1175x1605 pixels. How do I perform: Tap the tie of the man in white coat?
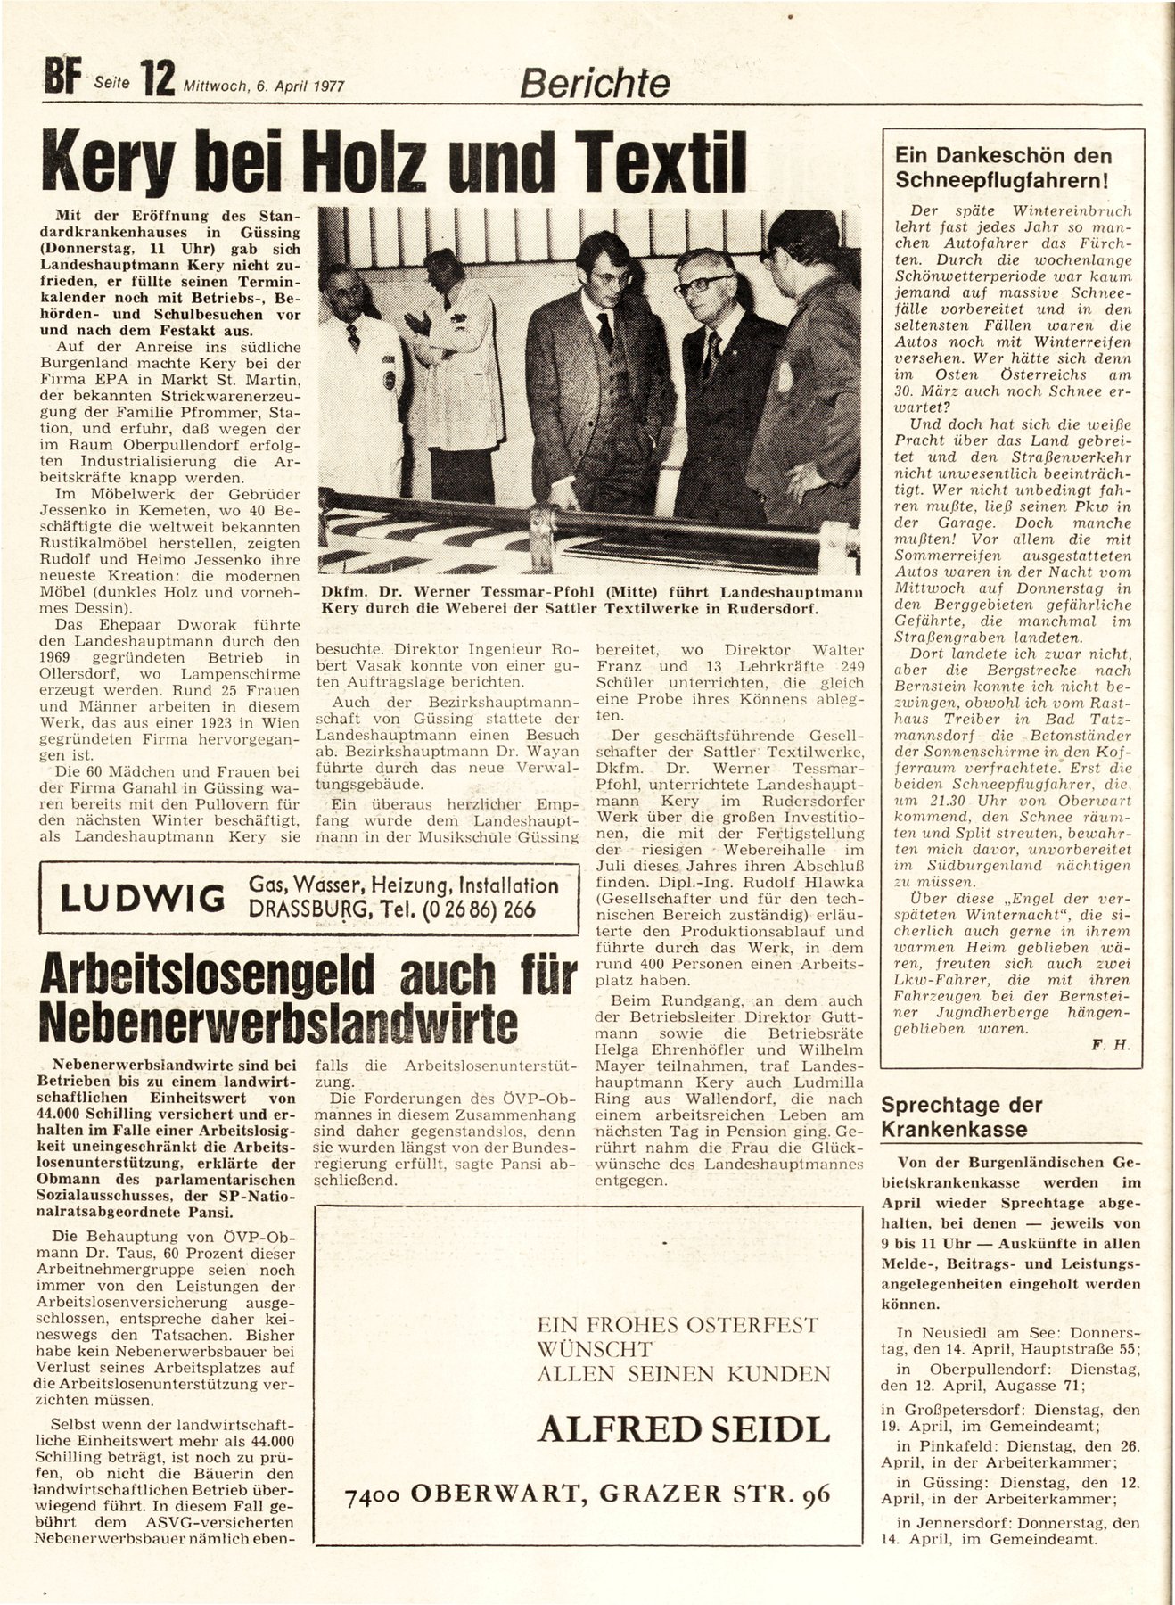[353, 337]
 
